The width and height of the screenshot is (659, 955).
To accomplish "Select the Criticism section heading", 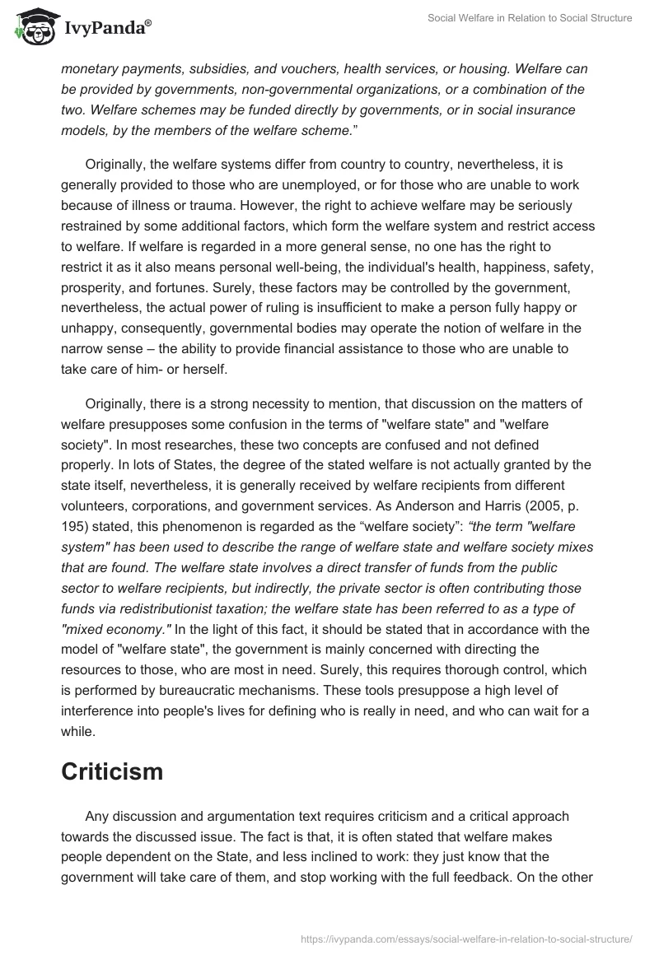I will click(112, 771).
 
